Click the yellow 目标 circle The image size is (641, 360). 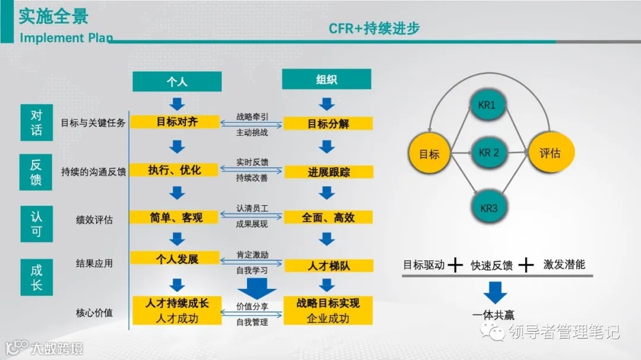pyautogui.click(x=429, y=154)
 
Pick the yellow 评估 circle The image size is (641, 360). pyautogui.click(x=549, y=153)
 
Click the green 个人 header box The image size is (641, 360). pyautogui.click(x=177, y=82)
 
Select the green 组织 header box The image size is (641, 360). pyautogui.click(x=326, y=79)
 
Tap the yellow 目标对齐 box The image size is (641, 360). pyautogui.click(x=177, y=122)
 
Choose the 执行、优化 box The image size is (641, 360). pyautogui.click(x=175, y=170)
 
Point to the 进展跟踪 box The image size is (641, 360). pyautogui.click(x=328, y=172)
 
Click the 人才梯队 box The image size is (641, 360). pyautogui.click(x=328, y=266)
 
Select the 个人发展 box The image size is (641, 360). pyautogui.click(x=176, y=259)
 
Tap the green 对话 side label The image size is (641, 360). pyautogui.click(x=37, y=123)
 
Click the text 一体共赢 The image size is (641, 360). pyautogui.click(x=494, y=315)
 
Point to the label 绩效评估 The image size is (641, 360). pyautogui.click(x=94, y=219)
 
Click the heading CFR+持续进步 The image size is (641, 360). pyautogui.click(x=375, y=28)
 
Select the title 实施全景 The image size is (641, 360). pyautogui.click(x=53, y=16)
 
